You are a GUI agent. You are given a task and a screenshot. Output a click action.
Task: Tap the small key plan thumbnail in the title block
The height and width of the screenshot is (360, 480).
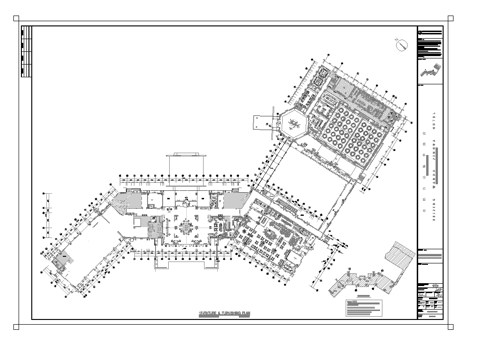tap(429, 71)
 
